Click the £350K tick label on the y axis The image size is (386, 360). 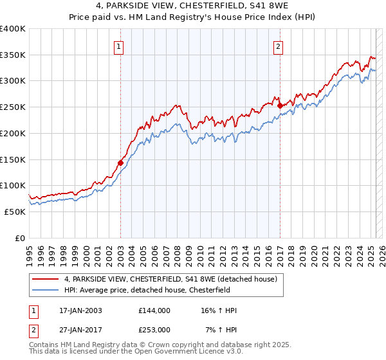click(13, 55)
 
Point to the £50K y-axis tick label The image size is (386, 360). click(15, 212)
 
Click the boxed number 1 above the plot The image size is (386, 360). click(120, 46)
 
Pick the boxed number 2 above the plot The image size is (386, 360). click(279, 46)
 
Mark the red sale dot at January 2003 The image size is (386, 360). click(120, 163)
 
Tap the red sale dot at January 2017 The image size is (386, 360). click(279, 106)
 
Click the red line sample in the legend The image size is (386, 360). click(46, 279)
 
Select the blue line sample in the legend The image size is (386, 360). click(46, 290)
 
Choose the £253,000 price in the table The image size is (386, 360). click(154, 329)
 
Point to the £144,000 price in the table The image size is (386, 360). click(154, 310)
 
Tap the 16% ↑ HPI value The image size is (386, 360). click(219, 310)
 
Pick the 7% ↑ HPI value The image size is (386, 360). click(221, 329)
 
